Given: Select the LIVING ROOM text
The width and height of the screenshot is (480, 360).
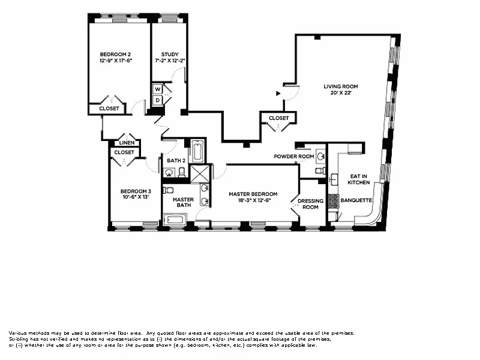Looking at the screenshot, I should coord(341,86).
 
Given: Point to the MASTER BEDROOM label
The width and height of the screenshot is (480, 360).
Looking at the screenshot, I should coord(253,194).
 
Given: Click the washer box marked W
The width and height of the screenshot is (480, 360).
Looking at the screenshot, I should coord(157,89).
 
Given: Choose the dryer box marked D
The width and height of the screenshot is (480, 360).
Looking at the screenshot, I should coord(157,100).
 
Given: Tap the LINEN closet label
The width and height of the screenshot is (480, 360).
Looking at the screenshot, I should coord(126,143).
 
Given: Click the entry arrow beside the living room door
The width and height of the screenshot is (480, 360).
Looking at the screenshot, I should coord(277,94).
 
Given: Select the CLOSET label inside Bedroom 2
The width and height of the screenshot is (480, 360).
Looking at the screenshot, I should coord(109,109).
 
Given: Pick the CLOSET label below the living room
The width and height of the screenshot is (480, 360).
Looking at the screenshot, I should coord(278,118).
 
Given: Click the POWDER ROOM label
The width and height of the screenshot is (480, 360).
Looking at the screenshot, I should coord(294,157).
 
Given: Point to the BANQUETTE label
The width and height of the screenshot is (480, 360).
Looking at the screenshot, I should coord(356,200).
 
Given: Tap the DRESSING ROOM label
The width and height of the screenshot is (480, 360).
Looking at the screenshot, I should coord(310,204).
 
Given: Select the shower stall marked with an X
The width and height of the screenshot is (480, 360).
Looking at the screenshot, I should coord(198,173).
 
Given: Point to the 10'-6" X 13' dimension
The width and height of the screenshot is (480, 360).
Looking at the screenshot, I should coord(134,196).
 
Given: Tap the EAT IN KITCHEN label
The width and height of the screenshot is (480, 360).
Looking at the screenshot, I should coord(359,179).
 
